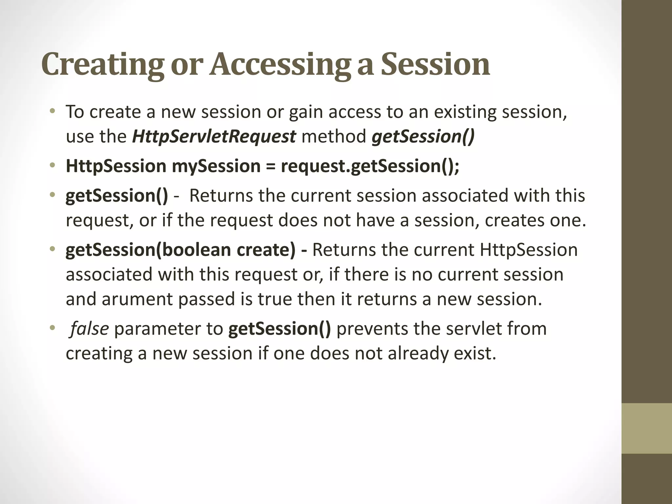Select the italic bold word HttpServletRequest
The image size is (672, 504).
(214, 136)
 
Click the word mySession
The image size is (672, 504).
(216, 166)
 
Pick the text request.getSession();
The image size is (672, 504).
(370, 166)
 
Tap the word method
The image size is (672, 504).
(334, 136)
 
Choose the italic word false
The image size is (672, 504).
(89, 329)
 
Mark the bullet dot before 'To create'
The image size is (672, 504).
(52, 112)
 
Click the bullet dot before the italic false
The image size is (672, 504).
(52, 329)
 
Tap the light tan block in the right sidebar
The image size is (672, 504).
(646, 428)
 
